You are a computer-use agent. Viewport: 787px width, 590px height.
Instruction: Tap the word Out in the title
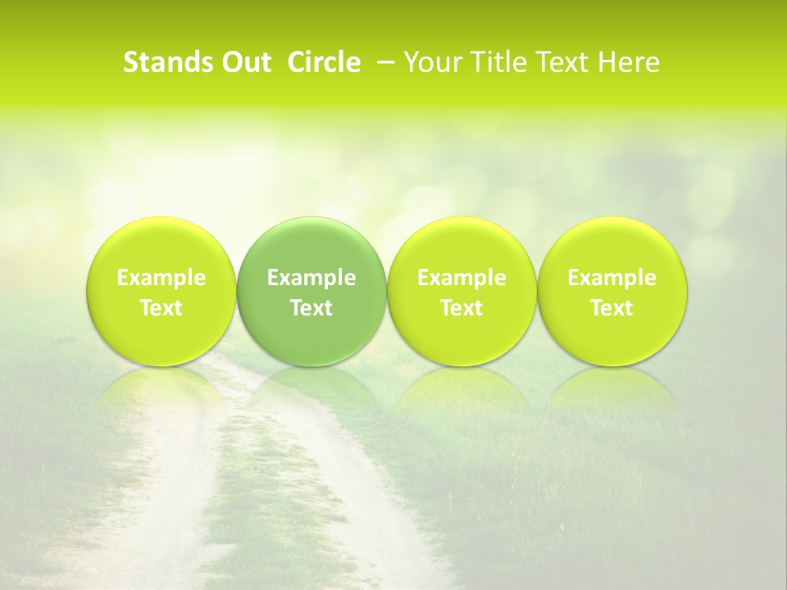243,62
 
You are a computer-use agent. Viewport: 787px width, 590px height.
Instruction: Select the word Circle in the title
324,62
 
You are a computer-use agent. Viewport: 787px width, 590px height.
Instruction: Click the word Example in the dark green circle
312,278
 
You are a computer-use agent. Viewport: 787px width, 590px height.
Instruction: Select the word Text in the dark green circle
312,308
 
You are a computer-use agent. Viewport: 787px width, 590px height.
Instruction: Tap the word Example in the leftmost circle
161,278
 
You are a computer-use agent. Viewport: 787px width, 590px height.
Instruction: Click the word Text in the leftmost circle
161,308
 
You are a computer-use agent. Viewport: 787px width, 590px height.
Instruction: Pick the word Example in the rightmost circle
612,278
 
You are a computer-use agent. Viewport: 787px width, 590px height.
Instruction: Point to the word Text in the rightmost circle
612,308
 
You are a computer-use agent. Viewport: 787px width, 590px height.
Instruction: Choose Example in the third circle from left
462,278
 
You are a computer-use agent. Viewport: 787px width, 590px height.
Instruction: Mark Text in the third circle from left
462,308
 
